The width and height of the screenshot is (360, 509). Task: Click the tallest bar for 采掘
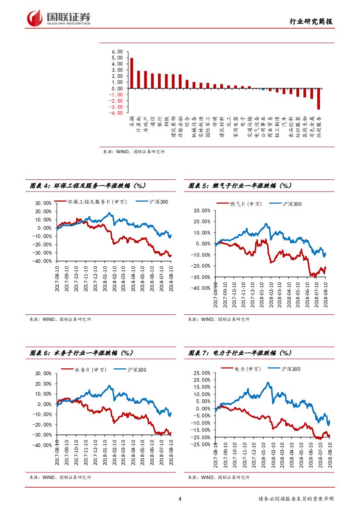(132, 73)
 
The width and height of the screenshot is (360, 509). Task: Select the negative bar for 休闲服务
(319, 99)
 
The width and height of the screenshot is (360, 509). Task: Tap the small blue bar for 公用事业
(263, 89)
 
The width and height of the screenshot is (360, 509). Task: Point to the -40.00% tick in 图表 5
(200, 288)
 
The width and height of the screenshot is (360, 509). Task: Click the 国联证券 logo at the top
(59, 18)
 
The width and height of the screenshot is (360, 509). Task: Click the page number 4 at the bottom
(180, 499)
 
